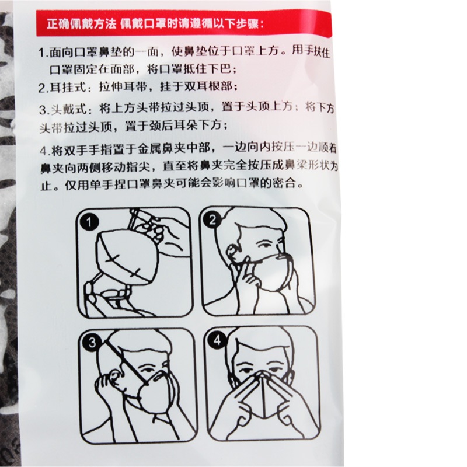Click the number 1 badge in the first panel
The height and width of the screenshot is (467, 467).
coord(89,222)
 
